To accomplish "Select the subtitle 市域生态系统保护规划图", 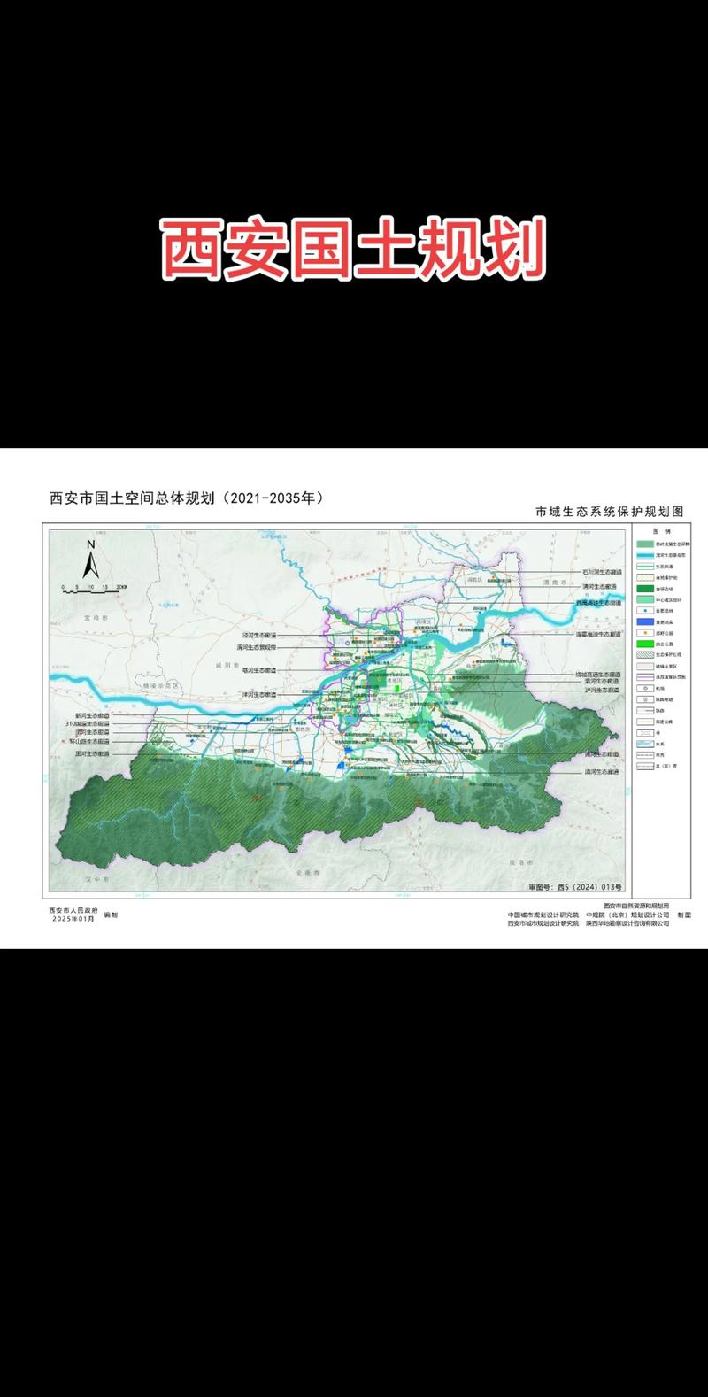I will [x=610, y=512].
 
